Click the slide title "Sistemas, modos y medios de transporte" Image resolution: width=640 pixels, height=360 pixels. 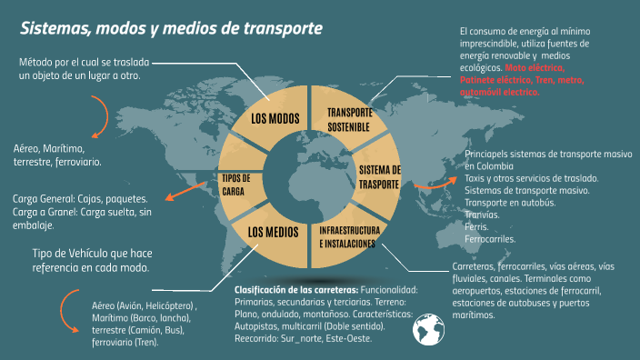(x=172, y=28)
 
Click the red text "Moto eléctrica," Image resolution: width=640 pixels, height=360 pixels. (x=536, y=68)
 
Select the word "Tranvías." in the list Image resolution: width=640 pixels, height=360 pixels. (x=483, y=215)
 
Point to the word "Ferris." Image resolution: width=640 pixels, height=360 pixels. (x=476, y=227)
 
